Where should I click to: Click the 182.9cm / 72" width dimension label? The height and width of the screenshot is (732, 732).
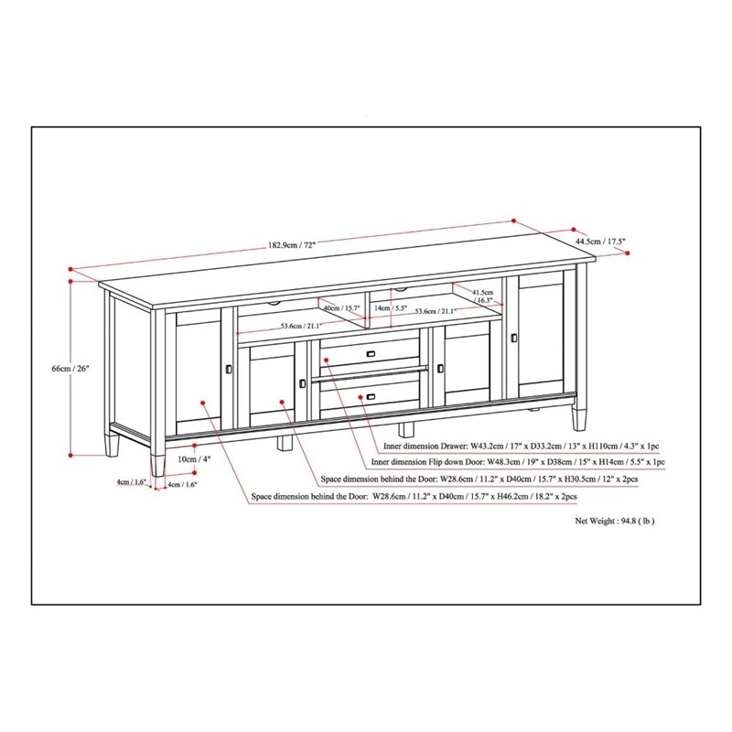coord(292,245)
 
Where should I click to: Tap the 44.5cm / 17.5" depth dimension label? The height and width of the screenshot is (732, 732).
coord(600,242)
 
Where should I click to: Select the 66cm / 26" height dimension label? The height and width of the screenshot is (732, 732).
coord(70,369)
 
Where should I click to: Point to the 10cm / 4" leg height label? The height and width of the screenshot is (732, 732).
coord(194,459)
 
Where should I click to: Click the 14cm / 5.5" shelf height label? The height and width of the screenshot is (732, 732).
coord(391,308)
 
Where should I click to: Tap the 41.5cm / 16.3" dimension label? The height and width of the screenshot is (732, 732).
coord(483,296)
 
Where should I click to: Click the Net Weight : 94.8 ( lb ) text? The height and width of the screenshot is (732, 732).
coord(614,521)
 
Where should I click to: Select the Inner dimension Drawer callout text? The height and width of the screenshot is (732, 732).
coord(521,447)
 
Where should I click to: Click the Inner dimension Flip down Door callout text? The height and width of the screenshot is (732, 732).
coord(518,462)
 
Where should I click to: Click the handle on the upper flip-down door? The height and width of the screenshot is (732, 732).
coord(371,354)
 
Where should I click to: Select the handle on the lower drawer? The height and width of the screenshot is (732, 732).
coord(371,397)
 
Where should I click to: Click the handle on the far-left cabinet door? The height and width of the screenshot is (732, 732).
coord(228,369)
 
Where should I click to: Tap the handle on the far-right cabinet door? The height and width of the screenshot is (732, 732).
coord(514,338)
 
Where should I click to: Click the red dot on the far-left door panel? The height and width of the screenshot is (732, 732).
coord(202,402)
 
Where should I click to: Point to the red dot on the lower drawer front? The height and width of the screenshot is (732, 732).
coord(361,397)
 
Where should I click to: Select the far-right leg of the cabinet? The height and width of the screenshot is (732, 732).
coord(579,419)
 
